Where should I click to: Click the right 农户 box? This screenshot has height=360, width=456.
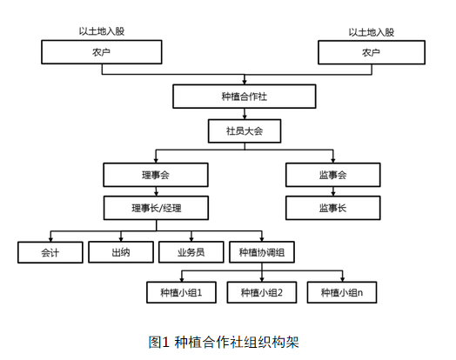(x=372, y=53)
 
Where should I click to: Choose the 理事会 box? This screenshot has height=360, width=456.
(x=156, y=175)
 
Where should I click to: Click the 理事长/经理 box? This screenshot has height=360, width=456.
(x=156, y=208)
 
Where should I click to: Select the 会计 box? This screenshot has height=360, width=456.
(x=50, y=252)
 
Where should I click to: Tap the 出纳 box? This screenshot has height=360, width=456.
(x=120, y=252)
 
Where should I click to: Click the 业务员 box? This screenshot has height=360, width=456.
(x=191, y=252)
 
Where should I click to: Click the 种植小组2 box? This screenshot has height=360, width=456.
(x=262, y=293)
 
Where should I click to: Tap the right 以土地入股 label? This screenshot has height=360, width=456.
(x=372, y=32)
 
